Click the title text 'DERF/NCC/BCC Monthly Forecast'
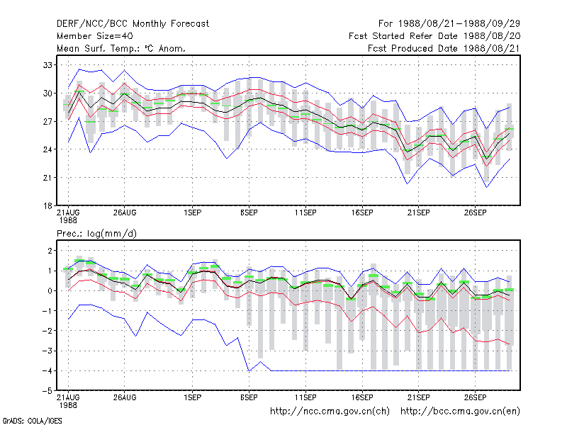click(x=133, y=24)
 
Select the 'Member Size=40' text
click(x=95, y=36)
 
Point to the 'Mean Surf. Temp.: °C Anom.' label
click(x=121, y=48)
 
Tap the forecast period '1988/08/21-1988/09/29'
click(x=459, y=24)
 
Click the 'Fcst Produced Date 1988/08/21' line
click(x=444, y=48)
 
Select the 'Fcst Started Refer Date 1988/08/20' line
click(x=434, y=36)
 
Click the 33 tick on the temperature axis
click(x=47, y=65)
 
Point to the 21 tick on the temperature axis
click(x=47, y=178)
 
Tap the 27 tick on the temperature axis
click(x=47, y=121)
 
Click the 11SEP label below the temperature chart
click(x=305, y=213)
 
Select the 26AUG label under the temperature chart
click(x=125, y=213)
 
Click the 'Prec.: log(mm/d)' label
click(x=96, y=234)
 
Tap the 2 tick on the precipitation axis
click(x=50, y=251)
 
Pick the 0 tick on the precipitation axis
click(x=50, y=291)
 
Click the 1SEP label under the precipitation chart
click(x=192, y=397)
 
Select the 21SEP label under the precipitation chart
click(x=419, y=397)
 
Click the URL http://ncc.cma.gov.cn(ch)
click(x=330, y=412)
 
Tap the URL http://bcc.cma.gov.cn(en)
click(x=460, y=412)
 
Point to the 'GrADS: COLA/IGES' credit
click(x=32, y=421)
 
